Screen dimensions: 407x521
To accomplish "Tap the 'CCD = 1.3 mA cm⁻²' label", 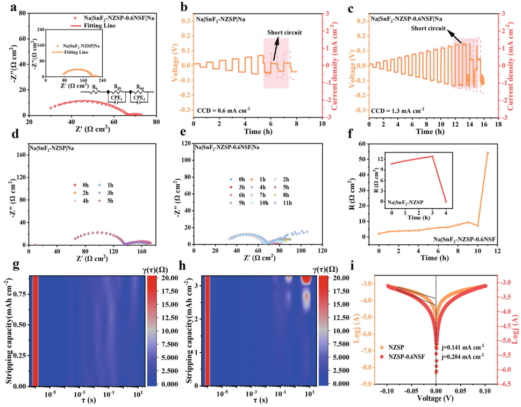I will pos(397,110).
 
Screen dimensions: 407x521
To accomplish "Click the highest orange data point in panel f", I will pos(488,153).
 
